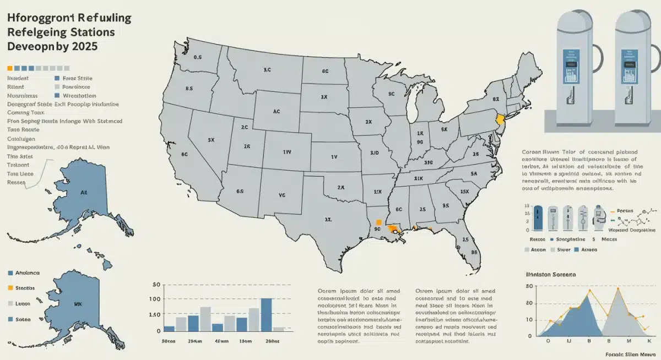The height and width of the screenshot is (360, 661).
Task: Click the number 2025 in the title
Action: coord(82,46)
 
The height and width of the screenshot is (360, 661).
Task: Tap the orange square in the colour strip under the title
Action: coord(9,68)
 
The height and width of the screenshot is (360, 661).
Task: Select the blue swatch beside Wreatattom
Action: coord(57,95)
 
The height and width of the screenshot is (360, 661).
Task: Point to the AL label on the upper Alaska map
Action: coord(84,193)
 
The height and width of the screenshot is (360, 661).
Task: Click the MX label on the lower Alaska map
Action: coord(78,303)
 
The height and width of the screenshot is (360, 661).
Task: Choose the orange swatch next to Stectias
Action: coord(10,288)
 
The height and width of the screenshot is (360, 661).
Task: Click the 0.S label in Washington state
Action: coord(198,57)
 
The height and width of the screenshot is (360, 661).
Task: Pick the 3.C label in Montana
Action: coord(267,70)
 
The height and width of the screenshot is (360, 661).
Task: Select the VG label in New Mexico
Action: coord(283,195)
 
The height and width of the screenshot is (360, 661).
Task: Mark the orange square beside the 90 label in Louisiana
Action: coord(378,222)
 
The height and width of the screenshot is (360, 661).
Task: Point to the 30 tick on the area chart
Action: coord(529,286)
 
